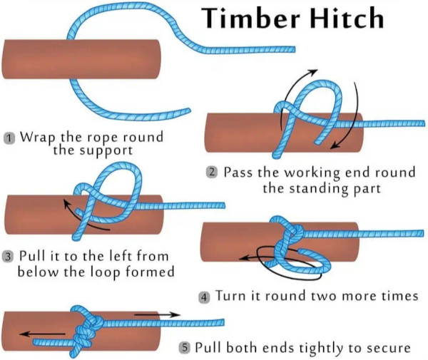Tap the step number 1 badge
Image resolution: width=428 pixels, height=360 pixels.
point(9,138)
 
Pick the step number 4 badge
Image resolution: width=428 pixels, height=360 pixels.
point(204,296)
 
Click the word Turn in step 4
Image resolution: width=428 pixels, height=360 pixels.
point(230,295)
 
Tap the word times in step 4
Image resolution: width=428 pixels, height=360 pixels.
point(388,295)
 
